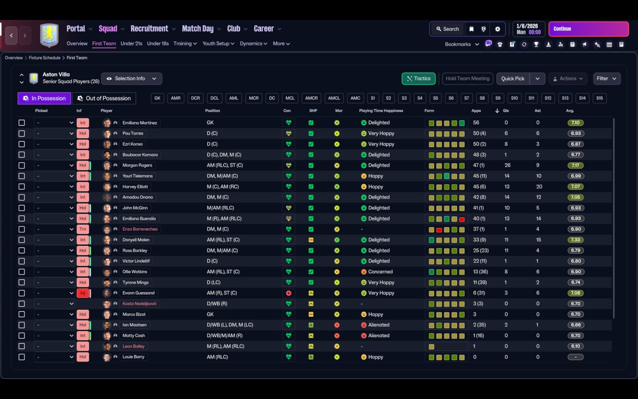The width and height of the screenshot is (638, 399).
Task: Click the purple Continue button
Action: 589,29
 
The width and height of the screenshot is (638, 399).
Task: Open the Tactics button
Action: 418,79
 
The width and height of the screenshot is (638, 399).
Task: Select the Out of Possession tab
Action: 104,98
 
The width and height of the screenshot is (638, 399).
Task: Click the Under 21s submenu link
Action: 131,43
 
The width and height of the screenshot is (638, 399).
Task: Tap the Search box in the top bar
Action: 448,29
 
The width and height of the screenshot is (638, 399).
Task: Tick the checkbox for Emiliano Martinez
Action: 21,123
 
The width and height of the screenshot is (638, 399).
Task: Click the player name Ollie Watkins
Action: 135,272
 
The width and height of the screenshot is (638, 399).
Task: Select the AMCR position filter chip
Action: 312,98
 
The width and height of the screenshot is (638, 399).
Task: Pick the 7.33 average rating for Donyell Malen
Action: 575,240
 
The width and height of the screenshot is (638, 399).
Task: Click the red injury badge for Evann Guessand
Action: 83,293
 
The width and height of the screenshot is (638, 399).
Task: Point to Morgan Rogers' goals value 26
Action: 507,165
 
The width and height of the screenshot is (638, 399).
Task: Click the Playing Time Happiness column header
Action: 381,111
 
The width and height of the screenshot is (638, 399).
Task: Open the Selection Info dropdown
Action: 132,79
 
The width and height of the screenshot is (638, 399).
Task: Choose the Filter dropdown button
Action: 607,79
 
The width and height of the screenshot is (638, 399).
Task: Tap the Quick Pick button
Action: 513,79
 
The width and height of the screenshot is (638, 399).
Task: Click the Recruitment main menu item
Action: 149,29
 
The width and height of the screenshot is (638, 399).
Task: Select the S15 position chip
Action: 600,98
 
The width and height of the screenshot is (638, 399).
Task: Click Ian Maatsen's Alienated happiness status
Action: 378,325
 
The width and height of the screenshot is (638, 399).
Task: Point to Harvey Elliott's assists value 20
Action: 539,187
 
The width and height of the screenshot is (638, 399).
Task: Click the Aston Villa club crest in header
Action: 49,35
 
